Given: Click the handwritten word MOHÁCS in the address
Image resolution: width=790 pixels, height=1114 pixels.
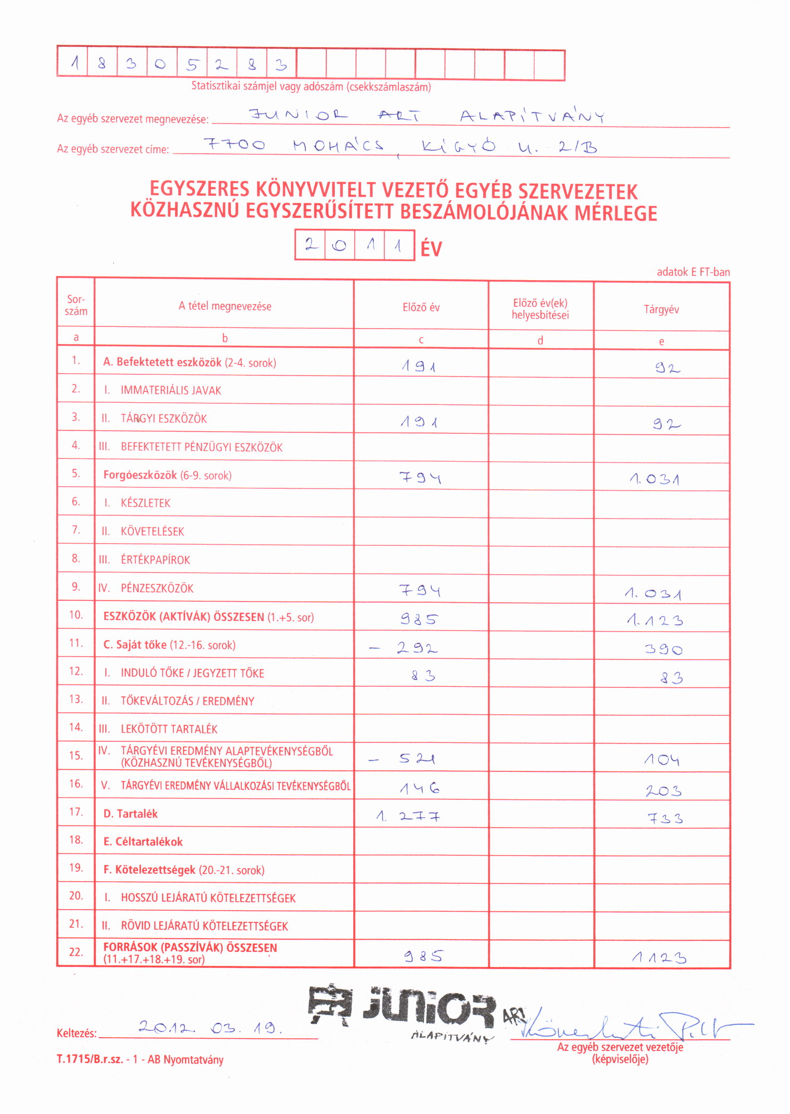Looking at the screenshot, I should tap(338, 146).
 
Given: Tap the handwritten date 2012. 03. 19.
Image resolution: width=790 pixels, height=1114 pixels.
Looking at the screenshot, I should tap(211, 1028).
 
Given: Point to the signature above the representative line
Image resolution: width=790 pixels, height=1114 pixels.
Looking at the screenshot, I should tap(624, 1025).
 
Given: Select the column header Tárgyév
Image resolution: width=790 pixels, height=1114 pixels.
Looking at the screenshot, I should tap(661, 310).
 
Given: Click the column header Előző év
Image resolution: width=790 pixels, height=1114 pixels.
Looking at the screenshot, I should tap(421, 307).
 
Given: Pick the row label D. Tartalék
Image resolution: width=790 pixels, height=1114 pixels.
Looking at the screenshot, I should tap(130, 814).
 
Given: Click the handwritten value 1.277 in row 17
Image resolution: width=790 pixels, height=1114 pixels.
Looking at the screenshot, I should tap(408, 817).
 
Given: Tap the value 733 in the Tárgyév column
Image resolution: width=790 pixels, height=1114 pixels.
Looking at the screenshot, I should tap(665, 819).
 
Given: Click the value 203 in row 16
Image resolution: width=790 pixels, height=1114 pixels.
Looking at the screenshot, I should tap(663, 791).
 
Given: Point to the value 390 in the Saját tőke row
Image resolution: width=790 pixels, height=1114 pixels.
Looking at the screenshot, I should tap(663, 649).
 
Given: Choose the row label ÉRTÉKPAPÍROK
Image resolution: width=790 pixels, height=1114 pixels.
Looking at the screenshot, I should tap(155, 560).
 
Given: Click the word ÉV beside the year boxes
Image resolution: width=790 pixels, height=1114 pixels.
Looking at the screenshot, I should tap(431, 248).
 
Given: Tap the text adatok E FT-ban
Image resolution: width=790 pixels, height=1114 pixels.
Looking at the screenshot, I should tap(693, 272).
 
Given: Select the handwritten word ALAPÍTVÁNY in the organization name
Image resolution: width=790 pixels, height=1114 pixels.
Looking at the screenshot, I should tap(532, 116).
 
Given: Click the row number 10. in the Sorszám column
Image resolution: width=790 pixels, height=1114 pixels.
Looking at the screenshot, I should tap(76, 615).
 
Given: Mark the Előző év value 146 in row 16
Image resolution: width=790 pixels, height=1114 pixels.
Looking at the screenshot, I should tap(420, 788).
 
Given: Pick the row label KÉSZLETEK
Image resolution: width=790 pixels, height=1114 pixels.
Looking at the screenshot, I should tap(145, 503).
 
